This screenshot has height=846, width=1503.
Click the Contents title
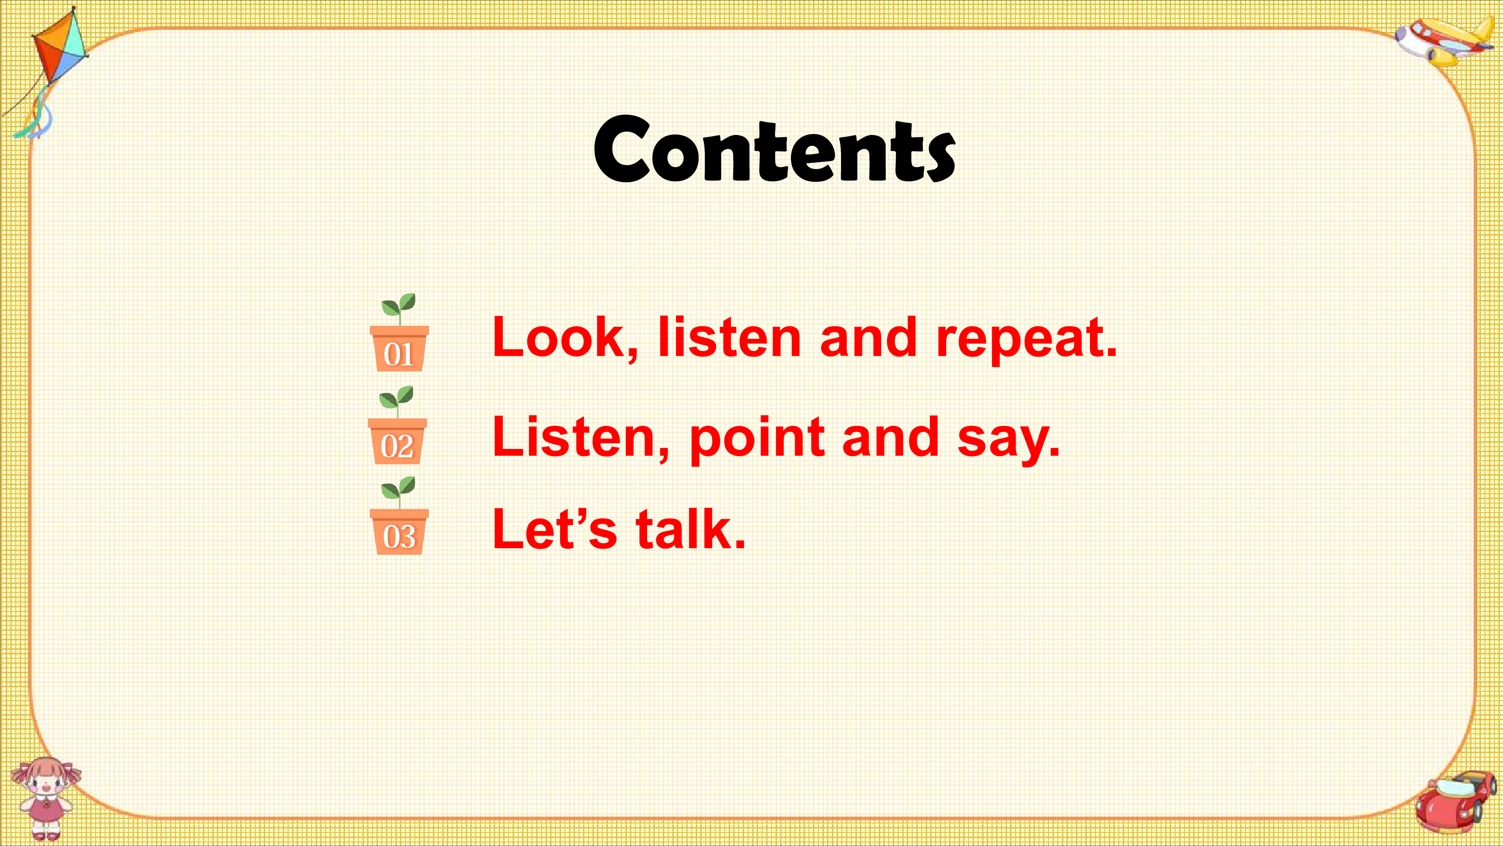(x=774, y=149)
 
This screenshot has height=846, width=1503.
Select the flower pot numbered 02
(x=397, y=441)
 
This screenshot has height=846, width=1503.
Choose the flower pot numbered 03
(x=399, y=532)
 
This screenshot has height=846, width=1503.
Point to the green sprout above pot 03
(x=399, y=492)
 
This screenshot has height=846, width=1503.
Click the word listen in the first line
(x=729, y=337)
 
